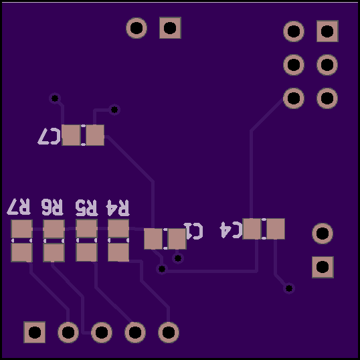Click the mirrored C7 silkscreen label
pos(49,136)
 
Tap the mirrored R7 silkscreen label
pos(19,206)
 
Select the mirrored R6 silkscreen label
pos(52,207)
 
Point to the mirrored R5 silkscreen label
pos(86,207)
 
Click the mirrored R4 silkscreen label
pos(118,208)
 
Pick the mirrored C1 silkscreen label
pos(193,231)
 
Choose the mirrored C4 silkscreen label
pos(231,230)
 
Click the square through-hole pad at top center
pos(170,28)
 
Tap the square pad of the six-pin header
pos(327,31)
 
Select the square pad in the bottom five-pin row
pos(34,332)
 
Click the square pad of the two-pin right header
pos(323,267)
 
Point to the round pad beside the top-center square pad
pos(137,28)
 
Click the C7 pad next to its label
pos(71,135)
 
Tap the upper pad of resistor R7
pos(21,229)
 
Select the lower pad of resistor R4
pos(118,252)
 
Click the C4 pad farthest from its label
pos(276,229)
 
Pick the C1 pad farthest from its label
pos(153,239)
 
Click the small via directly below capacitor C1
pos(178,258)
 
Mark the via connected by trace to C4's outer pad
pos(289,288)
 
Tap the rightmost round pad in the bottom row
pos(169,332)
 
